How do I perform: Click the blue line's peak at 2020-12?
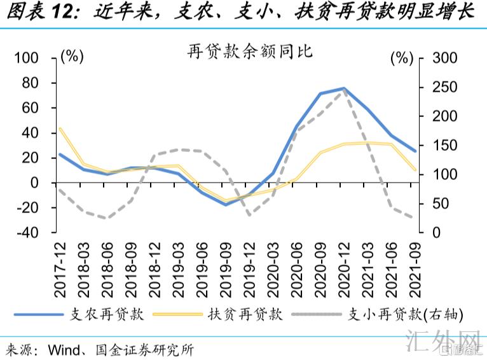(x=343, y=88)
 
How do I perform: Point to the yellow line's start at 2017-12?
(x=60, y=128)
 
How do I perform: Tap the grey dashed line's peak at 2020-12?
(x=343, y=90)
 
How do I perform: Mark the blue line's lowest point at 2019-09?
(x=225, y=205)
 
